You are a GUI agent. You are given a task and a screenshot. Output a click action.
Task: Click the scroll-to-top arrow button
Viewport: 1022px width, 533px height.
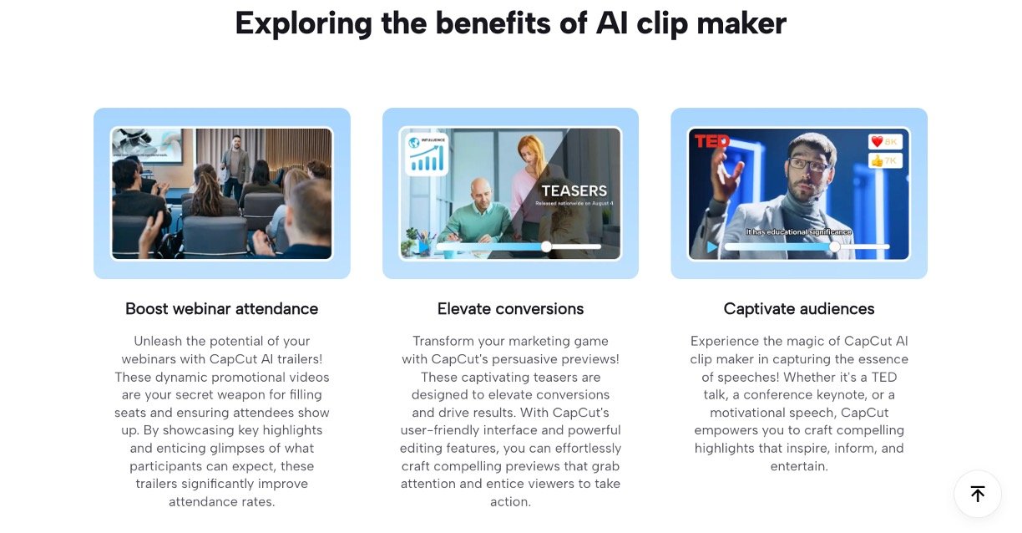pyautogui.click(x=977, y=494)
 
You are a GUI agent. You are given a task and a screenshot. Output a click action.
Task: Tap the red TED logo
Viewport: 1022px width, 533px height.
pyautogui.click(x=711, y=141)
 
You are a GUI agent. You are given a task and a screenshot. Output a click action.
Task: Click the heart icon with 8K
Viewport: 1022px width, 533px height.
pyautogui.click(x=877, y=141)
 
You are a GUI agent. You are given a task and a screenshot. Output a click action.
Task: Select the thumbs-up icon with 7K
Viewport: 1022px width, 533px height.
pyautogui.click(x=877, y=160)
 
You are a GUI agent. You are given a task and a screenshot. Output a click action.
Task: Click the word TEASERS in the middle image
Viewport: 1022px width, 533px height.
pyautogui.click(x=574, y=190)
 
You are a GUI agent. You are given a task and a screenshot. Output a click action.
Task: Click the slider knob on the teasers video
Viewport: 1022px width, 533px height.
pyautogui.click(x=546, y=247)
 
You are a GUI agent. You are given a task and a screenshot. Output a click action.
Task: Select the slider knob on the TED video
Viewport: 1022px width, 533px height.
pyautogui.click(x=834, y=247)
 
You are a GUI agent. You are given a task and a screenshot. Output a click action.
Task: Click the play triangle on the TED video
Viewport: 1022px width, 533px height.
pyautogui.click(x=711, y=247)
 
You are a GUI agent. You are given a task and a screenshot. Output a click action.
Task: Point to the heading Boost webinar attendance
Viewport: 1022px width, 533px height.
pyautogui.click(x=222, y=309)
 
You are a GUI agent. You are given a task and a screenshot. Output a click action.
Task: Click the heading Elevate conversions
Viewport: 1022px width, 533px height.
pyautogui.click(x=510, y=309)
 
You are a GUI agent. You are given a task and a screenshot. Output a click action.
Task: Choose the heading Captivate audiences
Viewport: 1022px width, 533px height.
pyautogui.click(x=799, y=309)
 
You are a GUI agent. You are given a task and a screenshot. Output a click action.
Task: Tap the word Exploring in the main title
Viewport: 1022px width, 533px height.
pyautogui.click(x=303, y=24)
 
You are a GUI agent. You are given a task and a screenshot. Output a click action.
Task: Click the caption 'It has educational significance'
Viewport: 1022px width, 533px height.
pyautogui.click(x=799, y=231)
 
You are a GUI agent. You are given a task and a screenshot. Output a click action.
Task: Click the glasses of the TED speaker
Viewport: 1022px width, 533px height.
pyautogui.click(x=808, y=165)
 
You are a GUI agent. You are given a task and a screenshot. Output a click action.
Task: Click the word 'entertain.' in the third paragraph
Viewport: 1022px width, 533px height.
pyautogui.click(x=799, y=466)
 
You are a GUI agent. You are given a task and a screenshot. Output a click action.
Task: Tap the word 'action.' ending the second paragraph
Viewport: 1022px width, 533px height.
pyautogui.click(x=510, y=502)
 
